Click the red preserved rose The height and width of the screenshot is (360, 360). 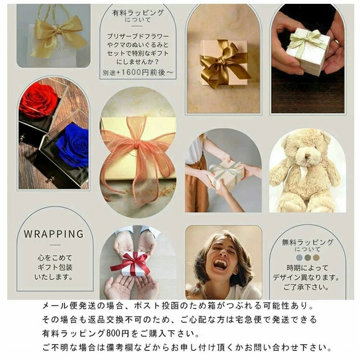pos(39,100)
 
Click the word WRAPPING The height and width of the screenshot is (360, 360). pos(54,234)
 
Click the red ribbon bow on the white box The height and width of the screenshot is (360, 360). pos(132,262)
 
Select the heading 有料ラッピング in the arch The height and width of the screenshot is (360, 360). pos(137,13)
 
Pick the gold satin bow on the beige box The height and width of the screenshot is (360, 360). pos(223,62)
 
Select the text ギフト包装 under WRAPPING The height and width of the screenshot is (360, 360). pos(54,267)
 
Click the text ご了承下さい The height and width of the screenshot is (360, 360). pos(307,288)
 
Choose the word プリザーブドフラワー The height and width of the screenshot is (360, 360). pos(138,36)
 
